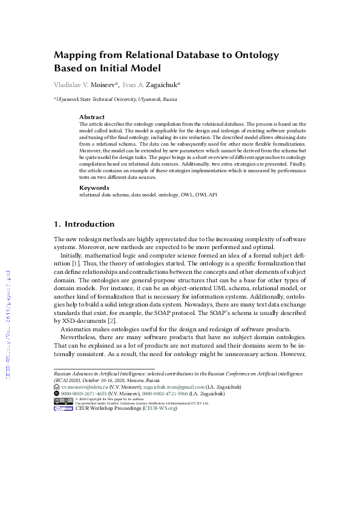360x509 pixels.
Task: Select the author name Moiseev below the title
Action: point(103,85)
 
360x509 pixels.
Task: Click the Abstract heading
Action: point(92,117)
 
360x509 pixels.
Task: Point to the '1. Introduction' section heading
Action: point(84,224)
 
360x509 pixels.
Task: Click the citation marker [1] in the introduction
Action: point(76,264)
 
